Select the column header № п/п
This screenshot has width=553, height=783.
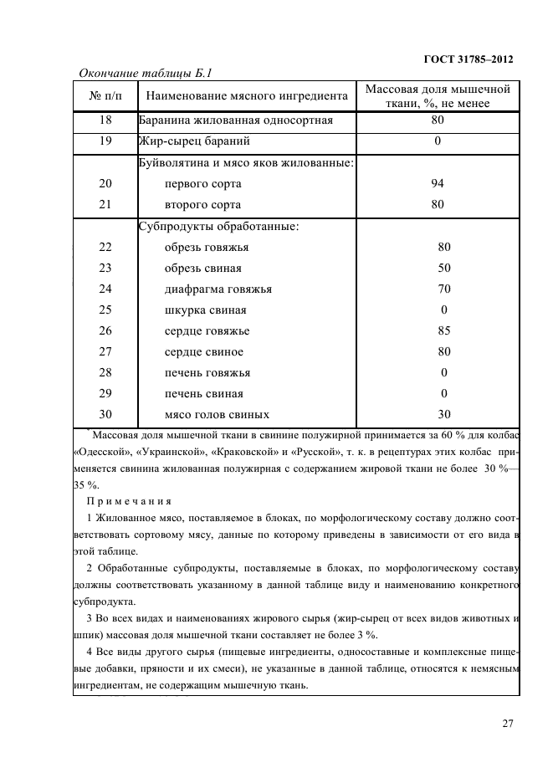pyautogui.click(x=105, y=97)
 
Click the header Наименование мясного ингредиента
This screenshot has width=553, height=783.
pyautogui.click(x=246, y=97)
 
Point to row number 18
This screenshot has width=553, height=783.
pyautogui.click(x=105, y=120)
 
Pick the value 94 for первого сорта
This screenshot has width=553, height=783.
pyautogui.click(x=438, y=184)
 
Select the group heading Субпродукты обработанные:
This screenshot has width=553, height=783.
pyautogui.click(x=218, y=226)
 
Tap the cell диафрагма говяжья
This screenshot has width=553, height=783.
pyautogui.click(x=218, y=289)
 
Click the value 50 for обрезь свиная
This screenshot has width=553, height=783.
pyautogui.click(x=443, y=269)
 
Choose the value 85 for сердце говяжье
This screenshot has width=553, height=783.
pyautogui.click(x=443, y=331)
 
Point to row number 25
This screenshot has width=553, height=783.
pyautogui.click(x=105, y=310)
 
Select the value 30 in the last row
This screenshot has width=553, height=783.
pyautogui.click(x=443, y=414)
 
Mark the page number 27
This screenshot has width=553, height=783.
pyautogui.click(x=507, y=724)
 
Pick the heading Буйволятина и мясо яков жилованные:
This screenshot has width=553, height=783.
pyautogui.click(x=246, y=163)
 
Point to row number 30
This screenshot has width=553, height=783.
pyautogui.click(x=105, y=414)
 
